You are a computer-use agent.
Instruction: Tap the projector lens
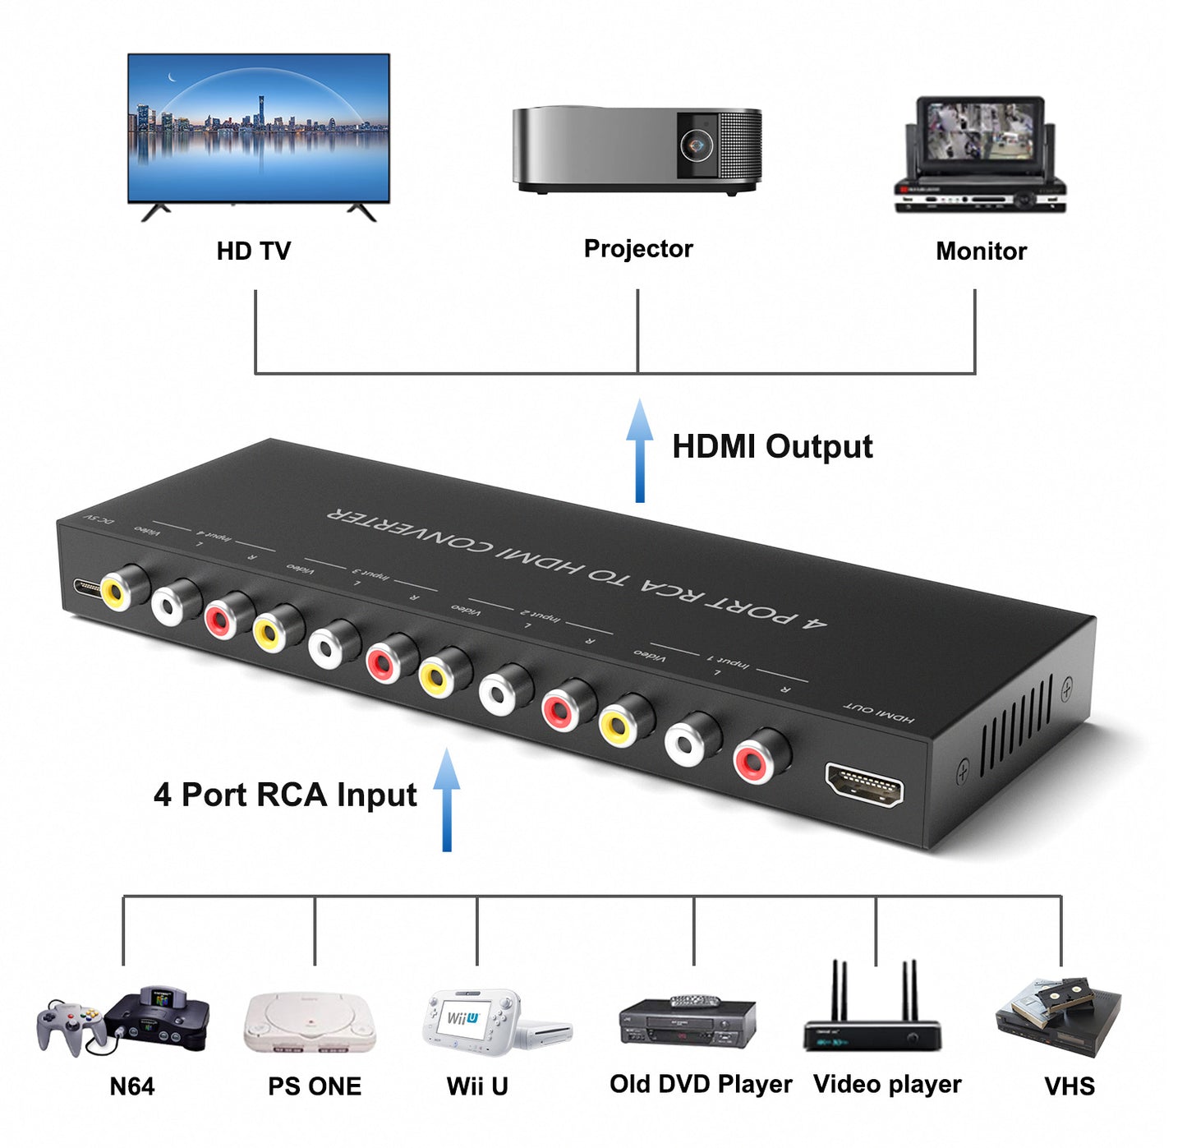coord(696,145)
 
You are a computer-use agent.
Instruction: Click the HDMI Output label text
coord(772,447)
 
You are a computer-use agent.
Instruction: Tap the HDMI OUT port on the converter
coord(864,785)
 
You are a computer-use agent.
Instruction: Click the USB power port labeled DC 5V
coord(85,588)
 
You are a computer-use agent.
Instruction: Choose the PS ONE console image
coord(310,1021)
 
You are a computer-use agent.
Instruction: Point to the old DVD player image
coord(687,1021)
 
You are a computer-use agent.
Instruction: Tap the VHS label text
coord(1069,1086)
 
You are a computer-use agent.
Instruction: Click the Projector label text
coord(638,249)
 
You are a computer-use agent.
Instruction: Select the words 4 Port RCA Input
coord(285,795)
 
